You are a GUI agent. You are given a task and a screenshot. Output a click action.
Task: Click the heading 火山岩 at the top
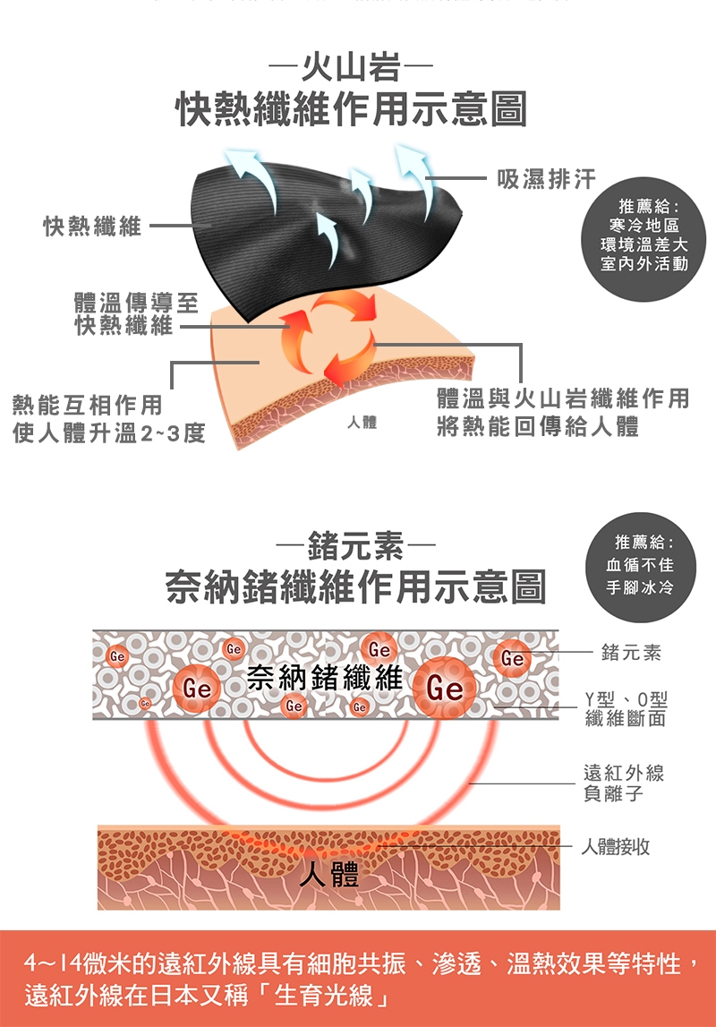[x=351, y=67]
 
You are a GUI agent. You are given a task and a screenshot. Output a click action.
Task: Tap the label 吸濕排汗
[x=547, y=179]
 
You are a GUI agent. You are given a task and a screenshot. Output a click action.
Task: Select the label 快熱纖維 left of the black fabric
[x=92, y=226]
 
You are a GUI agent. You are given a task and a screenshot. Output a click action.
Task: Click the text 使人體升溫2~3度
[x=108, y=433]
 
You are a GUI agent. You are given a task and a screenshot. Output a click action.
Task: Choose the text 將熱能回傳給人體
[x=537, y=427]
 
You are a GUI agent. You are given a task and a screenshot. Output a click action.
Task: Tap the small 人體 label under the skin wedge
[x=362, y=423]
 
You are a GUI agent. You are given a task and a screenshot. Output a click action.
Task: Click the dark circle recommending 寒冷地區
[x=644, y=239]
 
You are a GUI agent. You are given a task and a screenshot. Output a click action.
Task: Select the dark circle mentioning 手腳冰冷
[x=639, y=567]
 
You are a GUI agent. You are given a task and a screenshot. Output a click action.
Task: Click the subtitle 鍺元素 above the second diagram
[x=355, y=545]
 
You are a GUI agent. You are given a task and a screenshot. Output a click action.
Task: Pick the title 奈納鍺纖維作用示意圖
[x=355, y=586]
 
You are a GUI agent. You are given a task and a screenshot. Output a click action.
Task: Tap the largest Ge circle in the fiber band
[x=446, y=688]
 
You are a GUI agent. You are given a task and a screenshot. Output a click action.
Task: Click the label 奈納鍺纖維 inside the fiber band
[x=324, y=677]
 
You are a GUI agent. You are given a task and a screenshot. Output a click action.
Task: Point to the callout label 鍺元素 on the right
[x=631, y=653]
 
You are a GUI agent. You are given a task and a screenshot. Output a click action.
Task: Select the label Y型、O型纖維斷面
[x=626, y=708]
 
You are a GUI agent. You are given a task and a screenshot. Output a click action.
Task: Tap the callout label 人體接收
[x=615, y=847]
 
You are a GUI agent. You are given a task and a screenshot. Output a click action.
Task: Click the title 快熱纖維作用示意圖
[x=352, y=108]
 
